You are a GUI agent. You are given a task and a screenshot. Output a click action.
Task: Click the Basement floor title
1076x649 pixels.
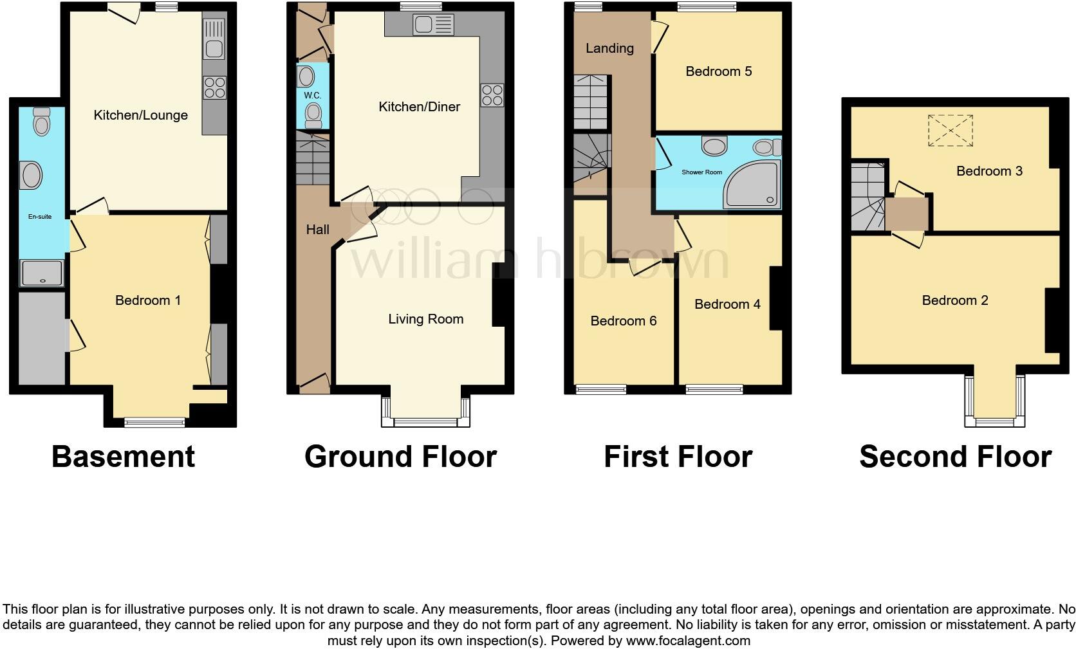click(x=123, y=456)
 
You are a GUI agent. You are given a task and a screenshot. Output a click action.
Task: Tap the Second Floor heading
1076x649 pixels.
click(x=955, y=456)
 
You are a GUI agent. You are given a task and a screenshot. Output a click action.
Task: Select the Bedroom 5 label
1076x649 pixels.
click(x=718, y=71)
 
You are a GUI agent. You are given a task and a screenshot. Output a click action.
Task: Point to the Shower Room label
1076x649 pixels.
click(x=701, y=172)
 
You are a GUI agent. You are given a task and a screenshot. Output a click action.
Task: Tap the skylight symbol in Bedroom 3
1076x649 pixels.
click(x=950, y=131)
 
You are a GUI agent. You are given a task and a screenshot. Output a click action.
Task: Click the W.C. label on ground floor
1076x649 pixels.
click(x=312, y=95)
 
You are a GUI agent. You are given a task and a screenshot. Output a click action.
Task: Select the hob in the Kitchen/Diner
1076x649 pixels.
click(x=492, y=95)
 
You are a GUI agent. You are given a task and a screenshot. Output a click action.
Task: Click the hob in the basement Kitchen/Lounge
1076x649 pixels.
click(x=214, y=87)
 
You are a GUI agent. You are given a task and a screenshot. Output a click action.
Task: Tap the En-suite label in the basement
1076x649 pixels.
click(x=40, y=217)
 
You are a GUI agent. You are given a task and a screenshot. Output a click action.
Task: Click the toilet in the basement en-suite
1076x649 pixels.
click(x=41, y=122)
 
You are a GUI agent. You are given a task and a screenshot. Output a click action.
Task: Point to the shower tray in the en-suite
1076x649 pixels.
click(x=42, y=273)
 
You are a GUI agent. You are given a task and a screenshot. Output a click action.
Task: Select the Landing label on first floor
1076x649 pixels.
click(x=609, y=48)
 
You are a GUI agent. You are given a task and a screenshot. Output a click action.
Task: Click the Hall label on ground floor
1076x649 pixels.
click(x=317, y=230)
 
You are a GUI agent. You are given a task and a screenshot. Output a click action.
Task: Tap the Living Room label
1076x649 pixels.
click(x=425, y=319)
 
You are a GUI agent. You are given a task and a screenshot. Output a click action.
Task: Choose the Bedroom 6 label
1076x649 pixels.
click(x=623, y=321)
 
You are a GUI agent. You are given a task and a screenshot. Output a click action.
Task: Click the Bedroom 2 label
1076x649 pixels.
click(x=954, y=300)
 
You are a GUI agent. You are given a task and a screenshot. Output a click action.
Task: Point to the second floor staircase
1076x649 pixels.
click(x=867, y=196)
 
